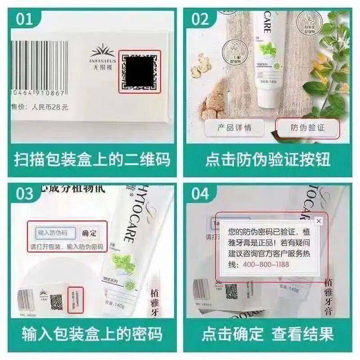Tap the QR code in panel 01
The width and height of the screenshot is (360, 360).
[x=139, y=72]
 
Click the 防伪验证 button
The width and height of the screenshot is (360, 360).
[x=307, y=128]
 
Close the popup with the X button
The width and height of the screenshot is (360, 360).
[x=319, y=221]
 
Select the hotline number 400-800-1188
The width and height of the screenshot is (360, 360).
[x=266, y=265]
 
